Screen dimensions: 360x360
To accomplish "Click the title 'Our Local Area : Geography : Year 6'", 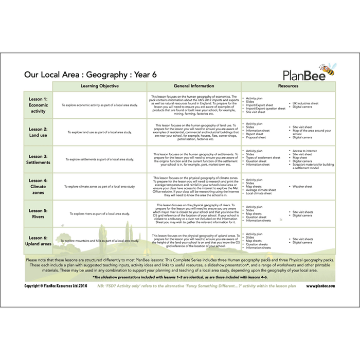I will [91, 74].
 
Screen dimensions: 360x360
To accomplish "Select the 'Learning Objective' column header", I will [100, 86].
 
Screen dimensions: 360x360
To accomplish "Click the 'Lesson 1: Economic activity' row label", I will [38, 105].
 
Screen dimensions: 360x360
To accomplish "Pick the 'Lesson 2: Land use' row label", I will [38, 132].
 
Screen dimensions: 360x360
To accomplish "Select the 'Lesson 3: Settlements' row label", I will [38, 159].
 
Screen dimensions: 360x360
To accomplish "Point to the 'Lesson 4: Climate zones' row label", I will [38, 186].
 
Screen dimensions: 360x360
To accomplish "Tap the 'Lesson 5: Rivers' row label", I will [38, 213].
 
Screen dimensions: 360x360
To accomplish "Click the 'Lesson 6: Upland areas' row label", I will [38, 240].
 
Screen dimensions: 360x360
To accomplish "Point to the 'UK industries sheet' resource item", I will [310, 103].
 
